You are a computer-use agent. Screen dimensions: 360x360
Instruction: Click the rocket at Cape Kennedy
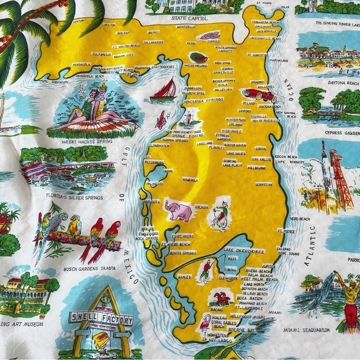[325, 166]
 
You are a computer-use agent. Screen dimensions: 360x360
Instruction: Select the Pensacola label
[81, 64]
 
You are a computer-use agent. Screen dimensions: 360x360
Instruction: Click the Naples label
[184, 276]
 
